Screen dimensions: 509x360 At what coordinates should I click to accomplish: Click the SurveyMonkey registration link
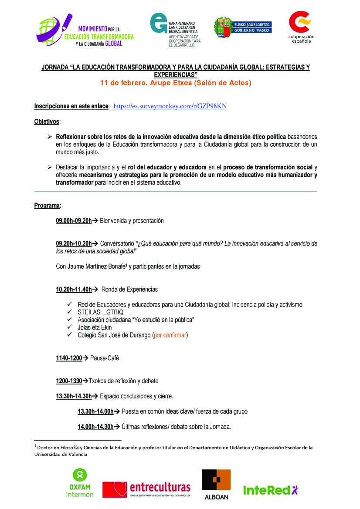click(x=170, y=106)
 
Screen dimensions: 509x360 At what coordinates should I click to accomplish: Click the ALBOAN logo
click(x=216, y=483)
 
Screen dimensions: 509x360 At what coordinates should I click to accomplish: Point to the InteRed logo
click(x=270, y=490)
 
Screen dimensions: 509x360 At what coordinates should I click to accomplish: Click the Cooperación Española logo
click(x=301, y=27)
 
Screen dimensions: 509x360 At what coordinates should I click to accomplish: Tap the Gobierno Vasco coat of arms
click(x=222, y=27)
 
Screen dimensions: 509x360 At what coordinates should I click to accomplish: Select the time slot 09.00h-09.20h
click(x=74, y=221)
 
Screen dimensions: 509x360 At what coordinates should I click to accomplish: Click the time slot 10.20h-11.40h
click(x=74, y=290)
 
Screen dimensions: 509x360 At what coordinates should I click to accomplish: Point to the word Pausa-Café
click(x=105, y=358)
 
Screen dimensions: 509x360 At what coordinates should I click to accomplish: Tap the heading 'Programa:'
click(x=48, y=206)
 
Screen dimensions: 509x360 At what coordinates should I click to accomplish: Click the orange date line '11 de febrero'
click(x=176, y=83)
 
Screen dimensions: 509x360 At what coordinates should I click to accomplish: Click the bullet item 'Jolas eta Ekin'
click(x=95, y=327)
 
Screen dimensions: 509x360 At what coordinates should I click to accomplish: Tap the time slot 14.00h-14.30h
click(x=95, y=427)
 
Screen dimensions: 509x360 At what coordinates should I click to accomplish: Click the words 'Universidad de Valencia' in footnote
click(x=61, y=455)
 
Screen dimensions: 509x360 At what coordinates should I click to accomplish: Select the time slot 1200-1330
click(x=69, y=381)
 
